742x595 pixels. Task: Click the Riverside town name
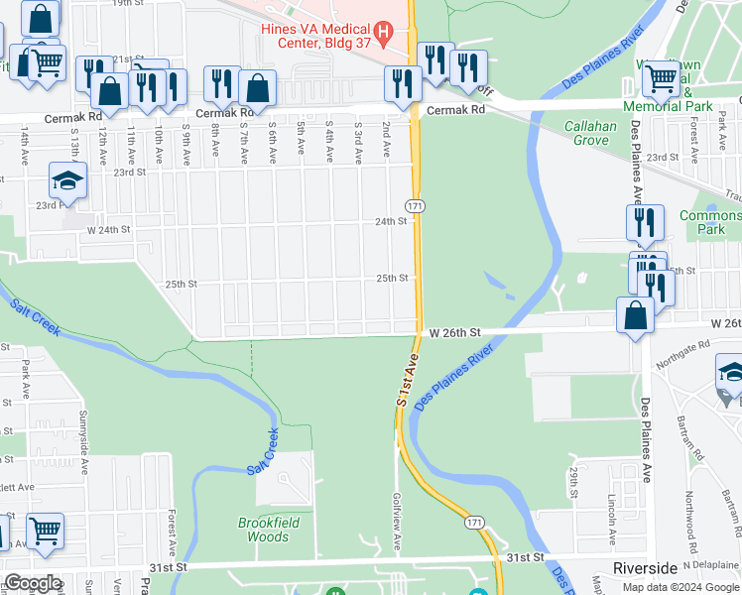(645, 568)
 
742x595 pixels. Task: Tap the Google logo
(33, 584)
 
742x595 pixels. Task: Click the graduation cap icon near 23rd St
(68, 180)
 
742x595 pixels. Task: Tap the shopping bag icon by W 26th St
(635, 315)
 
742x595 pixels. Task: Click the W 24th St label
(109, 229)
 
